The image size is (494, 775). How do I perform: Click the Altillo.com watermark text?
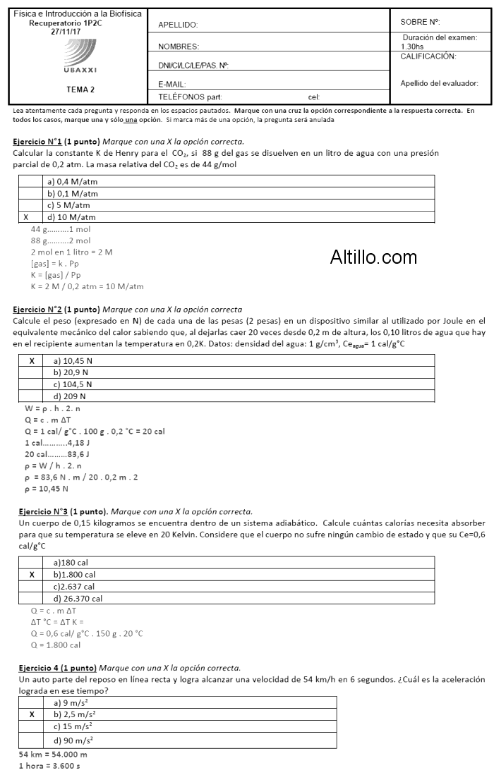click(x=373, y=257)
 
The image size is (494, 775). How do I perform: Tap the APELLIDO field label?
click(x=177, y=25)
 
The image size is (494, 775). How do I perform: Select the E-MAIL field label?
click(x=171, y=84)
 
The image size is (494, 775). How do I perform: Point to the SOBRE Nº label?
click(x=420, y=22)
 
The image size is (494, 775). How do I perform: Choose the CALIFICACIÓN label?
click(x=428, y=56)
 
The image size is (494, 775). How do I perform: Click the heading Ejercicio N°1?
click(x=37, y=142)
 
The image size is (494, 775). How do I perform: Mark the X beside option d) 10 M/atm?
click(x=26, y=217)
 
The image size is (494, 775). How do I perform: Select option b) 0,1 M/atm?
click(x=73, y=193)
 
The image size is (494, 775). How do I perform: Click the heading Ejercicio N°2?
click(x=37, y=309)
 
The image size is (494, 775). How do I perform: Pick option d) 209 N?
click(x=70, y=396)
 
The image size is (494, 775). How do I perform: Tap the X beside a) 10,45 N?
click(x=32, y=360)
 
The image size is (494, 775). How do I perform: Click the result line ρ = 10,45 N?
click(x=47, y=488)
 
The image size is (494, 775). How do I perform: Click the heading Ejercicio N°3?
click(x=37, y=511)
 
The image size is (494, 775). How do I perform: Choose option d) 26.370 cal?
click(x=78, y=599)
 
